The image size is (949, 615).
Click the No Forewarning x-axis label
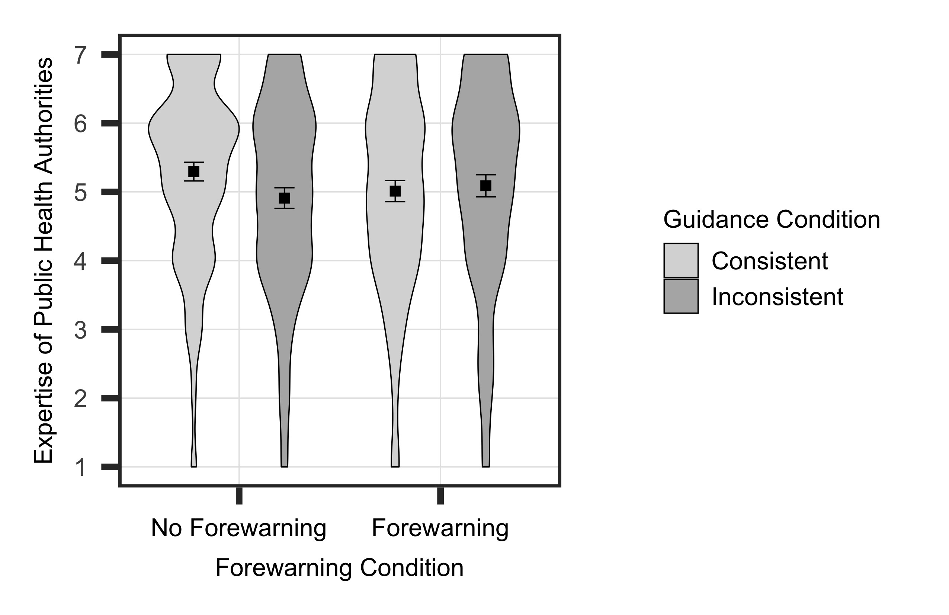(x=239, y=528)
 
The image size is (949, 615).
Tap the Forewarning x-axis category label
(x=440, y=528)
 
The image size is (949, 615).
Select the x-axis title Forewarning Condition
(x=339, y=568)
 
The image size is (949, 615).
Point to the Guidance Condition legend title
(x=772, y=220)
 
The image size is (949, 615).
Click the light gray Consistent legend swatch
(x=681, y=260)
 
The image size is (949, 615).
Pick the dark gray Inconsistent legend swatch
(x=681, y=296)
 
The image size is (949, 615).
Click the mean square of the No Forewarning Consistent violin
(x=194, y=172)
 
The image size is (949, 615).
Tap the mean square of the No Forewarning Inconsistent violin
(x=284, y=198)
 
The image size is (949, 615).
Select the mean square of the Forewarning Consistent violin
(x=395, y=191)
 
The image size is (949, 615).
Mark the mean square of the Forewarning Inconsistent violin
(x=486, y=185)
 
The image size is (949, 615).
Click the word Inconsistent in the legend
(x=778, y=297)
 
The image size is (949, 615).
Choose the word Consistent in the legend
(x=770, y=261)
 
